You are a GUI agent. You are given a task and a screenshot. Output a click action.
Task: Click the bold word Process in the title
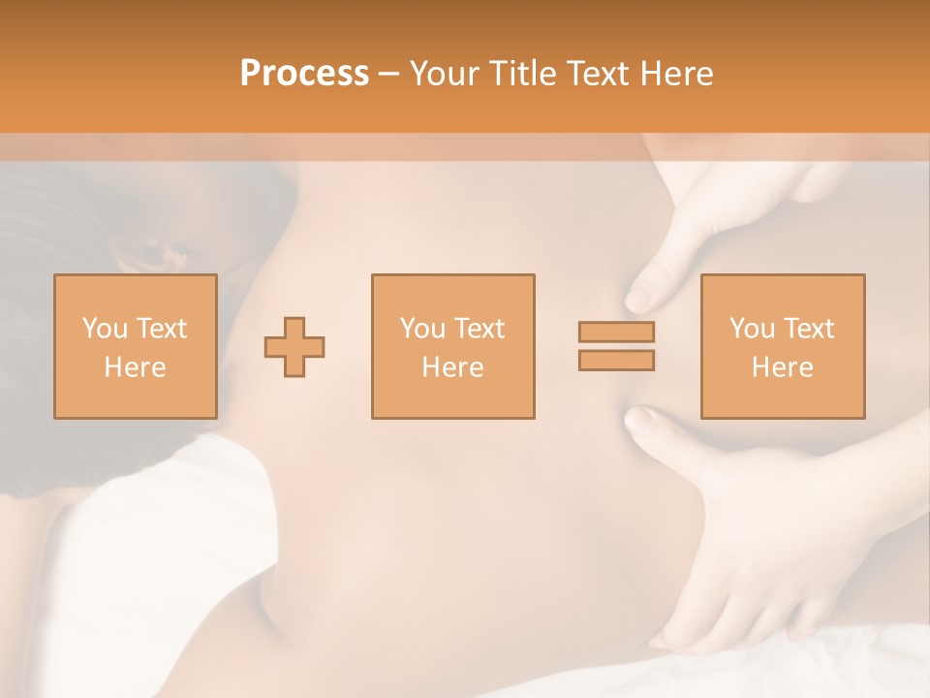[304, 74]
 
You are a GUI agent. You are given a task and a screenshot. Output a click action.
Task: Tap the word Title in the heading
[523, 74]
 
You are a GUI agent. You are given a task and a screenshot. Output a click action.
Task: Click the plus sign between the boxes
[294, 346]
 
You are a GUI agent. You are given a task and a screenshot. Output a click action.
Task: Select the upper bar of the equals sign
[616, 332]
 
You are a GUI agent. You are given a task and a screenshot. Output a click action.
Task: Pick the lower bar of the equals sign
[616, 361]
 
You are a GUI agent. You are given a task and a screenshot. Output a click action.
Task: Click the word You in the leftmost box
[103, 329]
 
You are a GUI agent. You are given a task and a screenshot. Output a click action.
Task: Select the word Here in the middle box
[453, 367]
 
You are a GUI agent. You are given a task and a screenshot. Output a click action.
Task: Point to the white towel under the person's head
[145, 543]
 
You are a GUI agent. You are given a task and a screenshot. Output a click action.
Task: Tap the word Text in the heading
[597, 74]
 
